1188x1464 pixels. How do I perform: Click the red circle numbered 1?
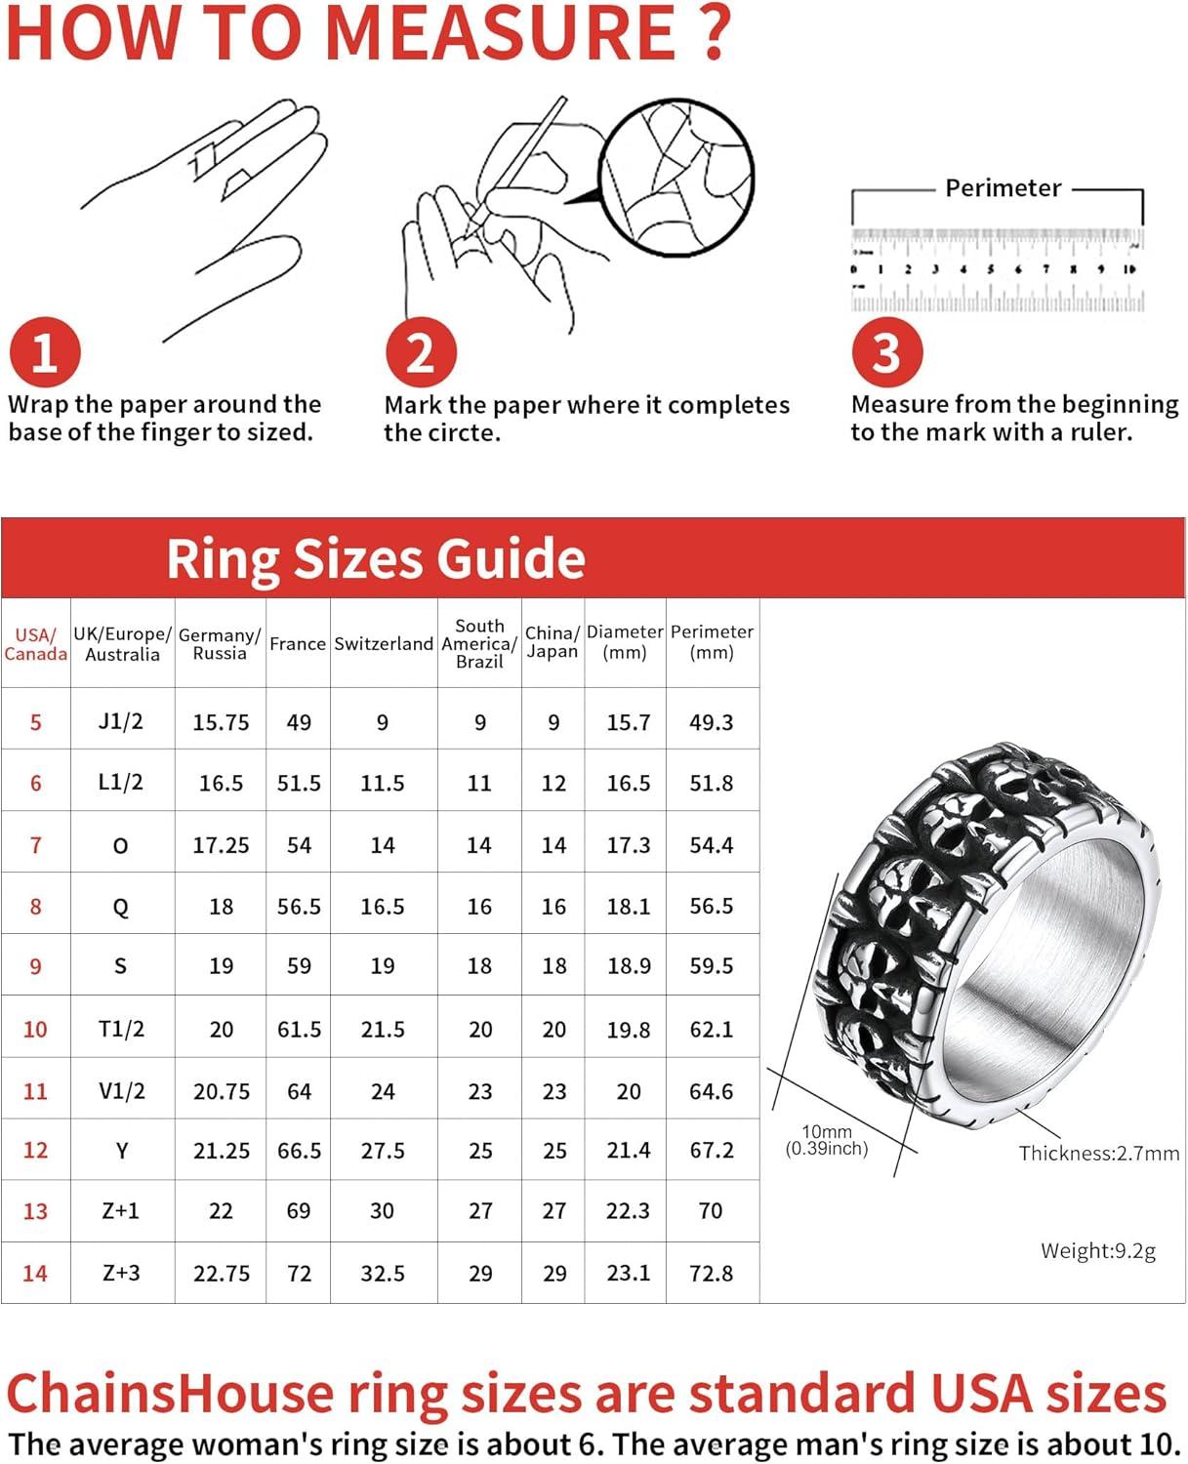[x=44, y=352]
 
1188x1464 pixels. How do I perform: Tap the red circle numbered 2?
[x=421, y=352]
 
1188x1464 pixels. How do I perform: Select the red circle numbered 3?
[x=886, y=352]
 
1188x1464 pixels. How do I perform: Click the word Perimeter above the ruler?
[x=1003, y=188]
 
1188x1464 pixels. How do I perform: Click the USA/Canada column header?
[x=35, y=644]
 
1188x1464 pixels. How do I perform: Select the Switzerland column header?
[x=384, y=644]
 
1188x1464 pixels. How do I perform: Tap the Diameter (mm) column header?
[x=625, y=642]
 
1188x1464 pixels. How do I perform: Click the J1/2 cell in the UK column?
[x=121, y=721]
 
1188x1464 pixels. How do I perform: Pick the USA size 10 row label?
[x=35, y=1029]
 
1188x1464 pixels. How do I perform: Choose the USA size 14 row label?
[x=35, y=1273]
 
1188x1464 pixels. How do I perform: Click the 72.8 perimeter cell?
[x=712, y=1273]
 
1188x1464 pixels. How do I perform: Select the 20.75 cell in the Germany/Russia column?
[x=222, y=1091]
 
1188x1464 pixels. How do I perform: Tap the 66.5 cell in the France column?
[x=299, y=1151]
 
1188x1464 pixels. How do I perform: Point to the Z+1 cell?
[x=121, y=1211]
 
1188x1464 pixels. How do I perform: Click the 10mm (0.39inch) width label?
[x=827, y=1140]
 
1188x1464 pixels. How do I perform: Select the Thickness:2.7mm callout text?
[x=1099, y=1154]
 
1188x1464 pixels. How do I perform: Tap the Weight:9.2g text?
[x=1098, y=1251]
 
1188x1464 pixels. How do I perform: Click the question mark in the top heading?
[x=717, y=33]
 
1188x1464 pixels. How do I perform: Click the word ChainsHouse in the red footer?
[x=170, y=1393]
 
